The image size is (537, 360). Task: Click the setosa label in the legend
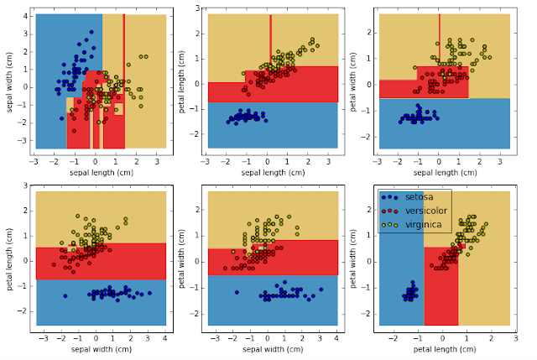[420, 197]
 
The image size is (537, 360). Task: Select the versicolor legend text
[425, 211]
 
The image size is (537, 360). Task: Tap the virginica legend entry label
[424, 225]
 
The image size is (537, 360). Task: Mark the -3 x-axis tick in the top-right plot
[378, 162]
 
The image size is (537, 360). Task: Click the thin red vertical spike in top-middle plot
[270, 38]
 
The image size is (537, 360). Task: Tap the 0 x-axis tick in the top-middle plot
[268, 162]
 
